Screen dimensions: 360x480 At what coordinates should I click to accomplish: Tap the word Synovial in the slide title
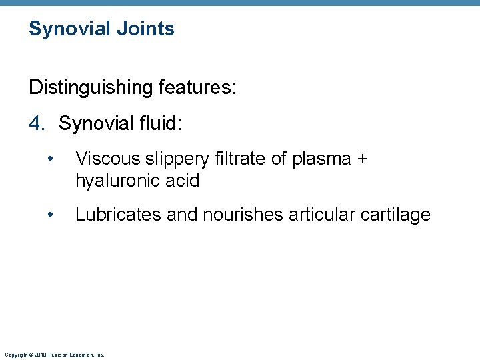tap(69, 29)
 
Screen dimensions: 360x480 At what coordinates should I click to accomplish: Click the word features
tap(198, 87)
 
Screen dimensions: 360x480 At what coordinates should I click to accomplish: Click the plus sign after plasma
tap(362, 159)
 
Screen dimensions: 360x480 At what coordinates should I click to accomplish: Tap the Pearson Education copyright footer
tap(54, 355)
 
